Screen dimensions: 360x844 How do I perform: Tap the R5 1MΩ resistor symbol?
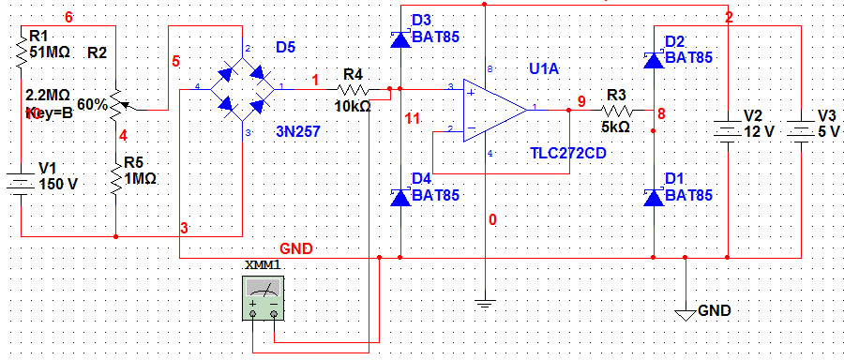coord(114,176)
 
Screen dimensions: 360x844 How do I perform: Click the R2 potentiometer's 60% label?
coord(92,104)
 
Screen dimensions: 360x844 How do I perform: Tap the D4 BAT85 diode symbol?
coord(400,196)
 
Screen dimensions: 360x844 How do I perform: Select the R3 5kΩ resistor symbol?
coord(616,111)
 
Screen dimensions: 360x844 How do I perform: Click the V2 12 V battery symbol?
coord(728,129)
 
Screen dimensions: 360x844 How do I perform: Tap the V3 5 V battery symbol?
coord(802,129)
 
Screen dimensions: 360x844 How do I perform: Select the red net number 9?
coord(581,99)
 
